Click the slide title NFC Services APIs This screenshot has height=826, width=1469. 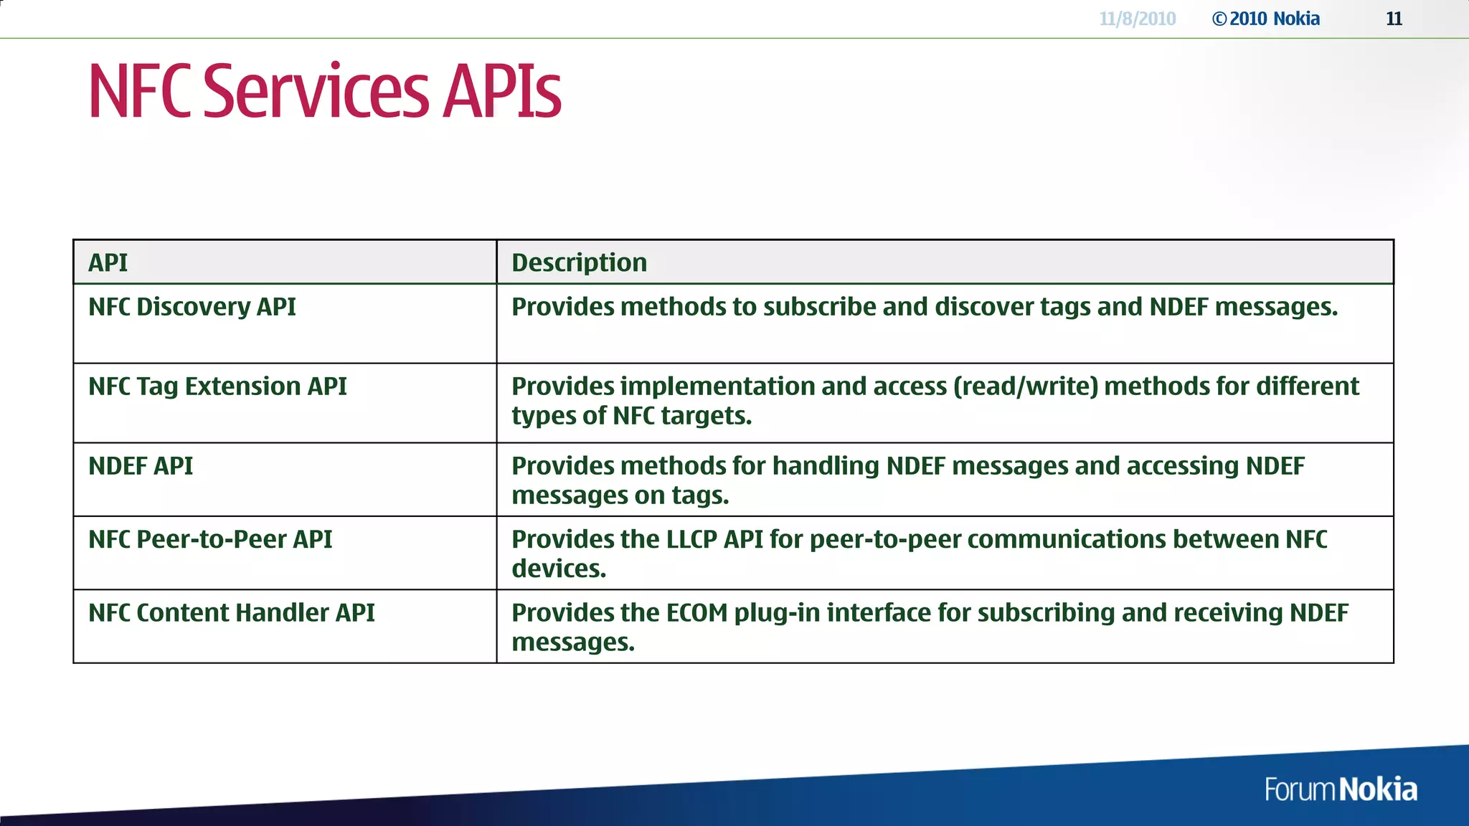point(324,91)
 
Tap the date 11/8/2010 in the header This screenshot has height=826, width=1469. point(1137,19)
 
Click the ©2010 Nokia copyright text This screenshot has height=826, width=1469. point(1266,19)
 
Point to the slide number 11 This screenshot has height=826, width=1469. point(1394,19)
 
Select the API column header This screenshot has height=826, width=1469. point(108,262)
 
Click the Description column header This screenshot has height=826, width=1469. point(579,262)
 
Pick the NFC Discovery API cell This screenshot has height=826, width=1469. point(192,307)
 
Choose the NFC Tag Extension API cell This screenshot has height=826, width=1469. point(217,386)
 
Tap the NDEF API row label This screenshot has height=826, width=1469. point(141,466)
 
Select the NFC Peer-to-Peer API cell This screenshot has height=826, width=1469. point(210,539)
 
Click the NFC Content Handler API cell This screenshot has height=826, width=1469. point(231,613)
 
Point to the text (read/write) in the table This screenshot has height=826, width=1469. point(1026,386)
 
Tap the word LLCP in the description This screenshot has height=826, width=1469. point(691,539)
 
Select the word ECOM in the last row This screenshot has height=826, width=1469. point(696,613)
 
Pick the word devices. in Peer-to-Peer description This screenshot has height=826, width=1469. point(559,569)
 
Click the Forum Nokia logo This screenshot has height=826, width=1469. point(1340,789)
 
